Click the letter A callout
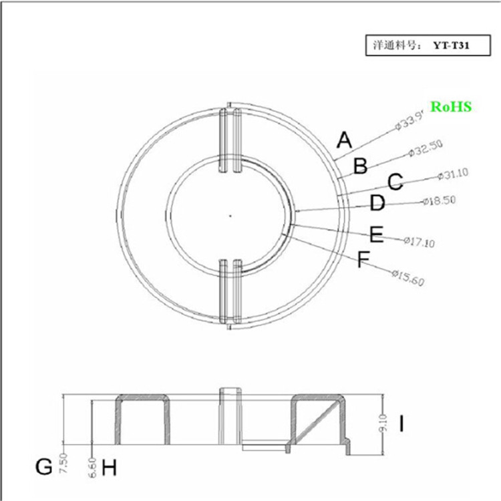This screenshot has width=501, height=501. click(344, 140)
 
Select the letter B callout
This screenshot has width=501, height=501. click(360, 166)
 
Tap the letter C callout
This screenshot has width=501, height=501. click(395, 182)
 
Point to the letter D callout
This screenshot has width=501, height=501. click(377, 203)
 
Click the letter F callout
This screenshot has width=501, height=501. click(363, 259)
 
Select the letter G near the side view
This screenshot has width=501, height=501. click(44, 467)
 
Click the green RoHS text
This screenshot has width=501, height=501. click(451, 106)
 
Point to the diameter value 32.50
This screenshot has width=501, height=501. click(426, 148)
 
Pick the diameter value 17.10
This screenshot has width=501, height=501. click(420, 242)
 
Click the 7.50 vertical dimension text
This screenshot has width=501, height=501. click(63, 463)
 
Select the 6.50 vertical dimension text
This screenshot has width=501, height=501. click(92, 466)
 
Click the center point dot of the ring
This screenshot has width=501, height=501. click(229, 215)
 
